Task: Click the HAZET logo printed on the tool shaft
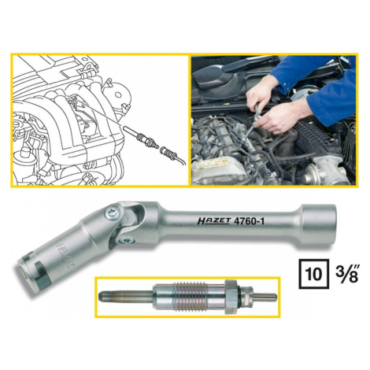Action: (214, 221)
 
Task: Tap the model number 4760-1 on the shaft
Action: (249, 221)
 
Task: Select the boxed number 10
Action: (314, 274)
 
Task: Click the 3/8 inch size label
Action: (347, 274)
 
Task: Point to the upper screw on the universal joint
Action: (112, 213)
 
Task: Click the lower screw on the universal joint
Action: (125, 240)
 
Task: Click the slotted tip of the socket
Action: (29, 271)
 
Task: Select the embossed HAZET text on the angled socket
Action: (64, 255)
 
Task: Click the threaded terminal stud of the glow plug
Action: (265, 297)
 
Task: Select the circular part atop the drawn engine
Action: (119, 95)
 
